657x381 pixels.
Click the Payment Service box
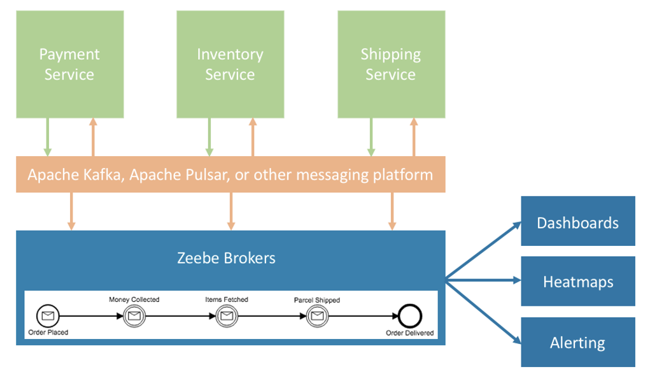(70, 64)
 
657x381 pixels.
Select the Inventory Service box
(230, 64)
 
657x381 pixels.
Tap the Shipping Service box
(392, 64)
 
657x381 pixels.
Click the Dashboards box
(578, 221)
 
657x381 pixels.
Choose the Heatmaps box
(578, 281)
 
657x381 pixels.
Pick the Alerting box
(578, 342)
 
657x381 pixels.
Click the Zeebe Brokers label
(226, 258)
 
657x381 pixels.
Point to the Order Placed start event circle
(48, 315)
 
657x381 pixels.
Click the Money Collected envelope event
(134, 315)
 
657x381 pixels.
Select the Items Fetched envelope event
(227, 315)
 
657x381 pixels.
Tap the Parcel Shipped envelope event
(317, 315)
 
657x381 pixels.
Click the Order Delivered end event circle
(410, 316)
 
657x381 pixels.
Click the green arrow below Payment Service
(47, 137)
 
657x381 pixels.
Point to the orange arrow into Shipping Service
(414, 137)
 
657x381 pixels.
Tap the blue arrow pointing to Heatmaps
(483, 280)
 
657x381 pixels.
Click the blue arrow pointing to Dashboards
(483, 250)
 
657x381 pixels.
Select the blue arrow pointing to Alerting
(483, 312)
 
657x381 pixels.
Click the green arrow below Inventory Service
(209, 137)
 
